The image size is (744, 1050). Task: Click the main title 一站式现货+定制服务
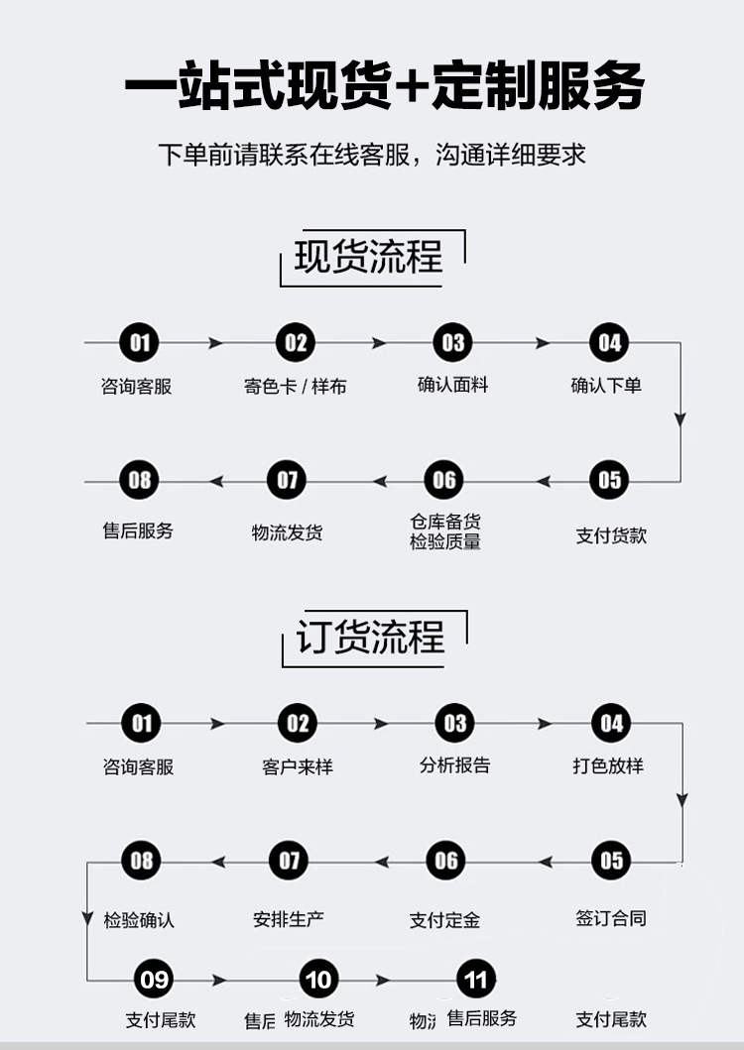tap(384, 87)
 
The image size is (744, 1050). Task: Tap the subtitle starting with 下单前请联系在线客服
tap(372, 156)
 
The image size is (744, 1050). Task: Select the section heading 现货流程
tap(369, 257)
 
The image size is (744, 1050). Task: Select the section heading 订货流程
tap(371, 637)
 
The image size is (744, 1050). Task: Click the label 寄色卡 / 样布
tap(296, 387)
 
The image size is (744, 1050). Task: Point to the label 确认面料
tap(453, 385)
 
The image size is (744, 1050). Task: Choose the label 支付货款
tap(611, 535)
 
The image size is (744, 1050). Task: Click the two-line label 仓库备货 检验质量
tap(445, 531)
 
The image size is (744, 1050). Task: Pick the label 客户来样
tap(298, 766)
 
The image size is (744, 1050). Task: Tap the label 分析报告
tap(454, 765)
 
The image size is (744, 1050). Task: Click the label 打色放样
tap(608, 765)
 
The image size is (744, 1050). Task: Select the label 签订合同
tap(611, 918)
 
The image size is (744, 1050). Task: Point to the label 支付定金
tap(444, 920)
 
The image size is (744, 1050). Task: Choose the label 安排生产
tap(288, 919)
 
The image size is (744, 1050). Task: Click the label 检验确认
tap(139, 920)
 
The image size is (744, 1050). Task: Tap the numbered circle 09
tap(154, 981)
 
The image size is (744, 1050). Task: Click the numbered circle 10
tap(318, 981)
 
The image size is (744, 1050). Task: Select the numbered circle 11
tap(476, 981)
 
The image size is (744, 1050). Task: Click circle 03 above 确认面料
tap(453, 343)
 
